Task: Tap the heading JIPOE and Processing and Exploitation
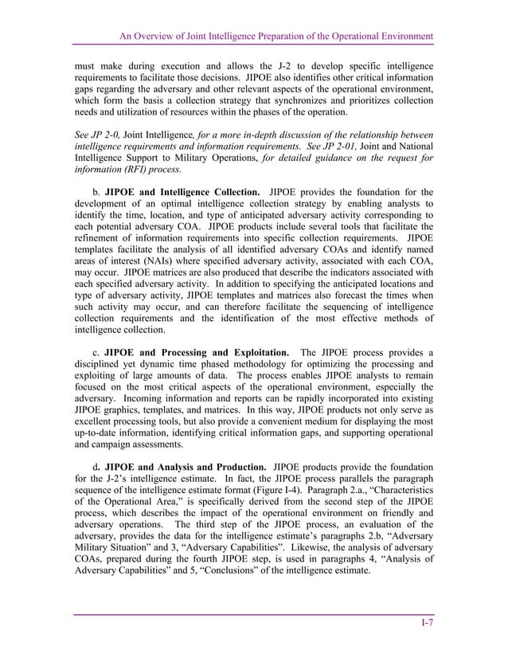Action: (198, 353)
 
